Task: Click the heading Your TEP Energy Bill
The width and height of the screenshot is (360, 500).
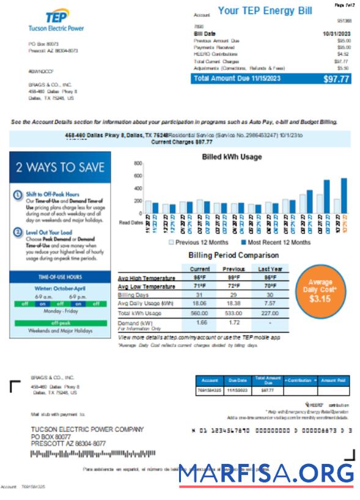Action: point(265,11)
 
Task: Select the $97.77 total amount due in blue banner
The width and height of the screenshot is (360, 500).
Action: point(336,79)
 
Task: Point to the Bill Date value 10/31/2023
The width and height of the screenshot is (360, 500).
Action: point(336,33)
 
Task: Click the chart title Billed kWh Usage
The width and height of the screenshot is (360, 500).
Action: point(232,157)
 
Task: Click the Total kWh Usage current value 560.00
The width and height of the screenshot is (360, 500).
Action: point(200,312)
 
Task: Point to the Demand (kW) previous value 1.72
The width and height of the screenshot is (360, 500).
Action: point(235,322)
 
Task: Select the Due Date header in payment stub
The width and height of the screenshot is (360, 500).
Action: point(235,380)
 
